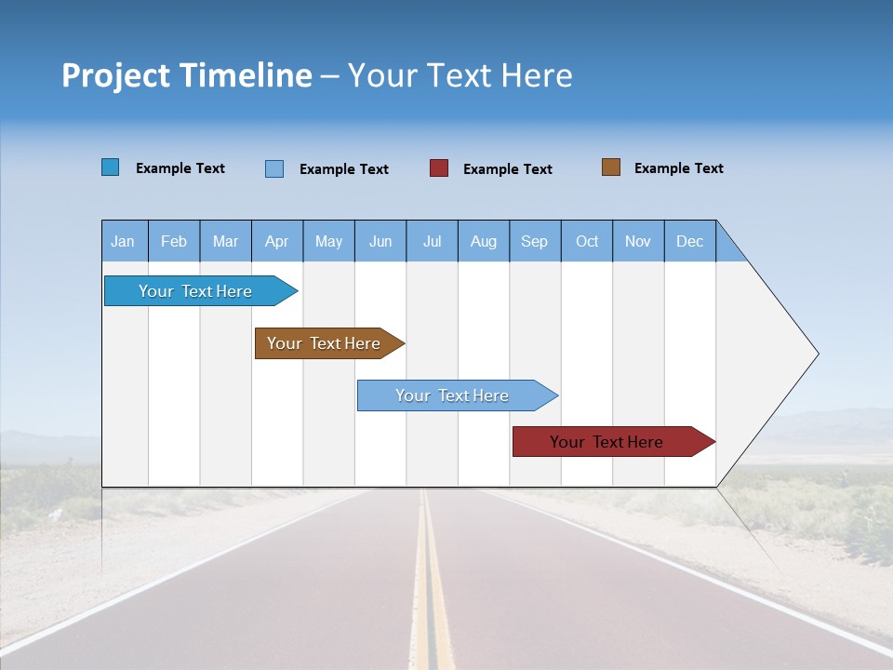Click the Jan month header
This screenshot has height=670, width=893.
click(123, 241)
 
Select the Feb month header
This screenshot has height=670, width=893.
click(174, 241)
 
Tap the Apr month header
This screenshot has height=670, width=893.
click(276, 241)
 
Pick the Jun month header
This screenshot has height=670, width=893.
click(380, 241)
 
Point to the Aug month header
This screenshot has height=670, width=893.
click(483, 241)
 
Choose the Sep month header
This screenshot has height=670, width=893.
click(534, 241)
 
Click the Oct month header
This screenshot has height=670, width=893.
click(587, 241)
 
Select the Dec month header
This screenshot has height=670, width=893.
click(689, 241)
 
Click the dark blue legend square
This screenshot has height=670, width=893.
click(111, 167)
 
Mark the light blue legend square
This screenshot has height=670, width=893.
click(274, 168)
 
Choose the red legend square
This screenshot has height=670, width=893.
click(439, 168)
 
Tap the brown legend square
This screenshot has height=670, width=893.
click(611, 167)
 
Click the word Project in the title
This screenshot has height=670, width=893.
click(115, 75)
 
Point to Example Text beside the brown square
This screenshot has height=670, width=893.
click(678, 168)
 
